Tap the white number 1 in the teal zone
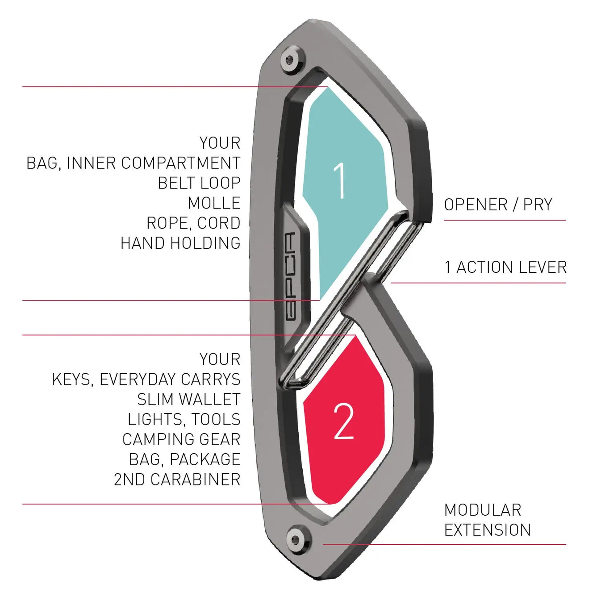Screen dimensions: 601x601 pyautogui.click(x=340, y=180)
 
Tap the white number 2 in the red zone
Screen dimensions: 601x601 pyautogui.click(x=343, y=421)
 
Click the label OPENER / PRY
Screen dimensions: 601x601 pyautogui.click(x=498, y=205)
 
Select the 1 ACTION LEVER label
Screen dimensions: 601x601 pyautogui.click(x=505, y=267)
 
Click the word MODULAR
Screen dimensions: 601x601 pyautogui.click(x=483, y=510)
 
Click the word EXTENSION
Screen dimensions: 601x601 pyautogui.click(x=487, y=530)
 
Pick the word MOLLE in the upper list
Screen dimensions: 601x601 pyautogui.click(x=214, y=203)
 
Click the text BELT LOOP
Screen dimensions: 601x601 pyautogui.click(x=199, y=183)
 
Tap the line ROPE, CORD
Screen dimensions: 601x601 pyautogui.click(x=193, y=223)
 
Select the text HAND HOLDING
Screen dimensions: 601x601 pyautogui.click(x=180, y=243)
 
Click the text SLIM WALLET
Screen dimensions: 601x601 pyautogui.click(x=188, y=399)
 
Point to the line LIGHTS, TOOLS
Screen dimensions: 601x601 pyautogui.click(x=184, y=419)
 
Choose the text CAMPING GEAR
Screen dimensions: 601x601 pyautogui.click(x=181, y=439)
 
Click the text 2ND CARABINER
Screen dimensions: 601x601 pyautogui.click(x=177, y=480)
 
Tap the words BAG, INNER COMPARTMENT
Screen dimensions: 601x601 pyautogui.click(x=134, y=163)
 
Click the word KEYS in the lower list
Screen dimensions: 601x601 pyautogui.click(x=72, y=380)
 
